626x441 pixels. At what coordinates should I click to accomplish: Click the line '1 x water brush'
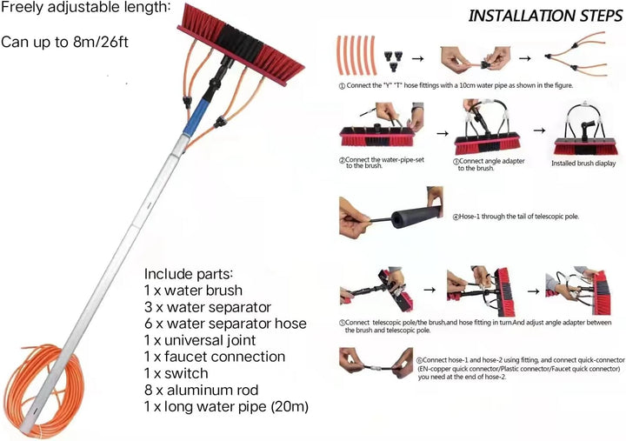point(193,291)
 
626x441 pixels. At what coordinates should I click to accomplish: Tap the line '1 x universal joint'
point(203,340)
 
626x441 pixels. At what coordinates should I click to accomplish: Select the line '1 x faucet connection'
point(215,357)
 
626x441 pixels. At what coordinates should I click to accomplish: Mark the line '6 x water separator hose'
point(225,324)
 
